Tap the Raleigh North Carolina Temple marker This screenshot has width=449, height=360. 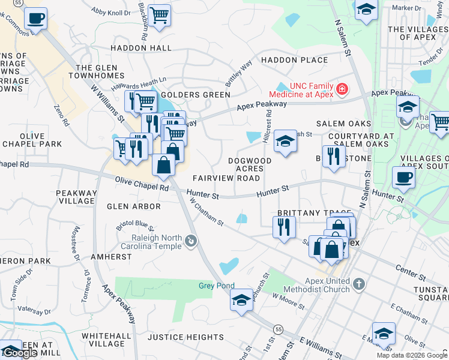[x=191, y=242]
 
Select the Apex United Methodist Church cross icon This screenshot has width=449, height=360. [x=358, y=283]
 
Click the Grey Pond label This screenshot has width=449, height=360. [x=217, y=286]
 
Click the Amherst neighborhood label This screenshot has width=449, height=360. [x=111, y=256]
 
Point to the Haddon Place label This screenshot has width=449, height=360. [x=294, y=60]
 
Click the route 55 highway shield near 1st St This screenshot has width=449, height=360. [x=278, y=329]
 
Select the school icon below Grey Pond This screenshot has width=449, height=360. [x=241, y=299]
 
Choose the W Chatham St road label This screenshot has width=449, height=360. [x=206, y=213]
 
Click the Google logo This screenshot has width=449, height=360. [x=21, y=353]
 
